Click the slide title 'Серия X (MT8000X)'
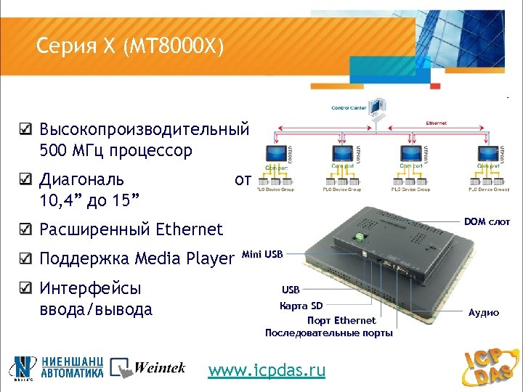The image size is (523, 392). (x=131, y=47)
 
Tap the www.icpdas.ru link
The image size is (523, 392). (x=267, y=370)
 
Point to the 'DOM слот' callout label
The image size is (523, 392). (x=487, y=221)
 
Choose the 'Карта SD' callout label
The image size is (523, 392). (x=301, y=306)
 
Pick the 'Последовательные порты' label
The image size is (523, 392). (x=328, y=333)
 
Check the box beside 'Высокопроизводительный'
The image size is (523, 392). (x=25, y=131)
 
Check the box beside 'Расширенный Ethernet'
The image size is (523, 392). (x=25, y=229)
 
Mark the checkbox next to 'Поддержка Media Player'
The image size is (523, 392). (x=25, y=258)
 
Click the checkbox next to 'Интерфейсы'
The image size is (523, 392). (x=25, y=288)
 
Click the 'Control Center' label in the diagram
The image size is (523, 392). (x=349, y=108)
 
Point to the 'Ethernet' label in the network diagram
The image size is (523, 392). (x=436, y=123)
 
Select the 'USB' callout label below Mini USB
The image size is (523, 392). (x=291, y=290)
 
